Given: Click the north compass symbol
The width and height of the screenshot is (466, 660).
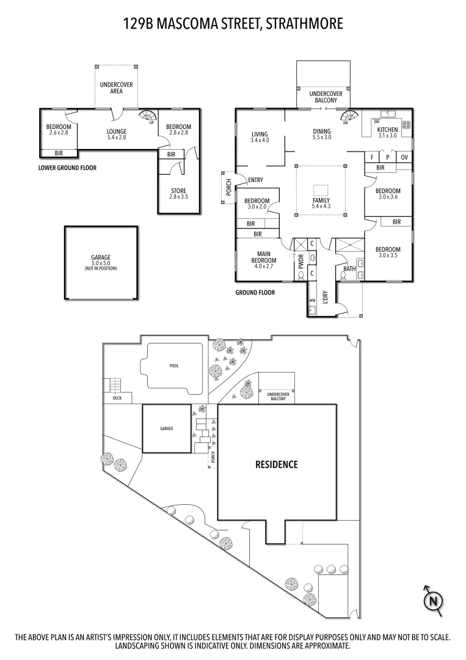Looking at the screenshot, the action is pos(434,600).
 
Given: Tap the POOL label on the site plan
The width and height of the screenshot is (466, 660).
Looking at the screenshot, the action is pos(175,366).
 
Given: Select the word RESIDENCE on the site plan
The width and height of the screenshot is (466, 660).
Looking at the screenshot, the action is pos(276,464).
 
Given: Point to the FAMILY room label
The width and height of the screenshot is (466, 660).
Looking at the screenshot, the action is pos(321,200).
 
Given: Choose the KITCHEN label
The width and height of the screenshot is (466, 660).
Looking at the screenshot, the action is pos(387,130).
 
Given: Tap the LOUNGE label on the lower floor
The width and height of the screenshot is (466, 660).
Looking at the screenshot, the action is pos(116,131).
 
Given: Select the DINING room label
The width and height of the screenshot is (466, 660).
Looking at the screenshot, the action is pos(321,131).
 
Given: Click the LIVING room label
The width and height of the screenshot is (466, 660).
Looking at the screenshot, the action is pos(260,134).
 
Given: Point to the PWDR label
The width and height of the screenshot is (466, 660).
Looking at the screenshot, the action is pos(301,264).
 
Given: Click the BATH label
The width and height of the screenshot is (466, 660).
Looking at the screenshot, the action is pos(349,268).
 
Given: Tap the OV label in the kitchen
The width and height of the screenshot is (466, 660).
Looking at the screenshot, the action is pos(404,157).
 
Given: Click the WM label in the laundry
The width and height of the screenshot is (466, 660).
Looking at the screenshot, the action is pos(312,301).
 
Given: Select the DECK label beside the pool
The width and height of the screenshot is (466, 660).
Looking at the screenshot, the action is pos(117,399).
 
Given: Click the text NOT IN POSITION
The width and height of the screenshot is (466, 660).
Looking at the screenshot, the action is pos(101,269).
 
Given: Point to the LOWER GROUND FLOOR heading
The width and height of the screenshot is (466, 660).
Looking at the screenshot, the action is pos(67,167).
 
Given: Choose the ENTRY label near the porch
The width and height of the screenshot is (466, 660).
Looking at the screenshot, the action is pos(255,180).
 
